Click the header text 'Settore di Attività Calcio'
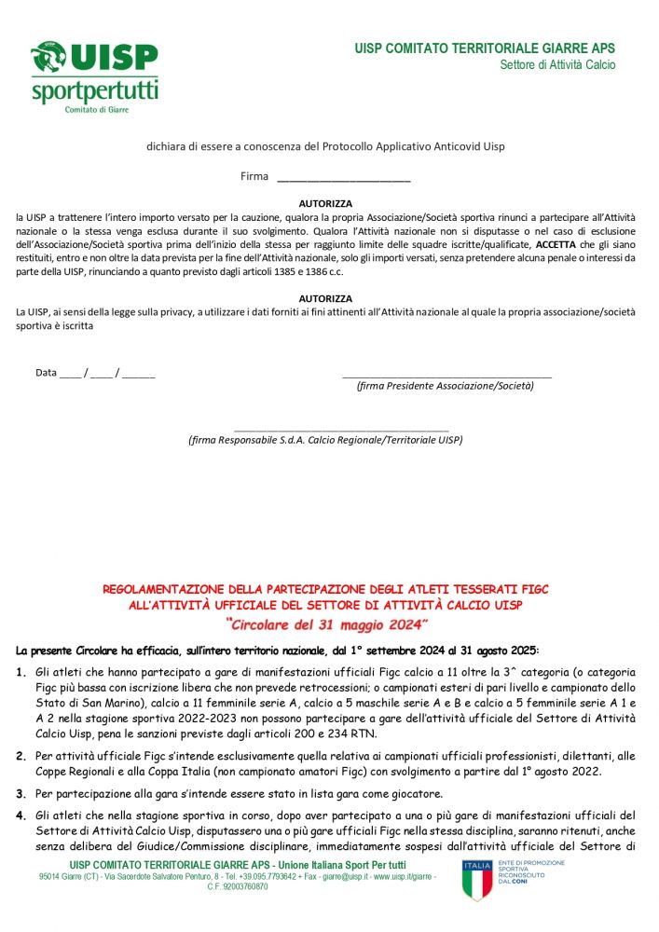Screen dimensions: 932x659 coord(557,65)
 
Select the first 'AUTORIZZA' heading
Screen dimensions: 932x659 coord(325,203)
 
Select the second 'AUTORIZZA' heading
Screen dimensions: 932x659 coord(325,298)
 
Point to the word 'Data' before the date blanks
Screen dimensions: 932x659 coord(46,373)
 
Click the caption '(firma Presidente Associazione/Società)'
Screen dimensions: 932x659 coord(446,385)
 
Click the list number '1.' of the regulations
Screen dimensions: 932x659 coord(21,672)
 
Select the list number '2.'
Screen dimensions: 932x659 coord(21,756)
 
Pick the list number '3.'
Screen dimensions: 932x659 coord(21,793)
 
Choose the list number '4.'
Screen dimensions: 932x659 coord(21,815)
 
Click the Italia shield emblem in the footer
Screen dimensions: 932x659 coord(476,880)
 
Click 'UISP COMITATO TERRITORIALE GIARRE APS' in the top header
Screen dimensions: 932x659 coord(485,48)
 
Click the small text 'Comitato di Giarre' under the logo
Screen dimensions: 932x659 coord(96,109)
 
